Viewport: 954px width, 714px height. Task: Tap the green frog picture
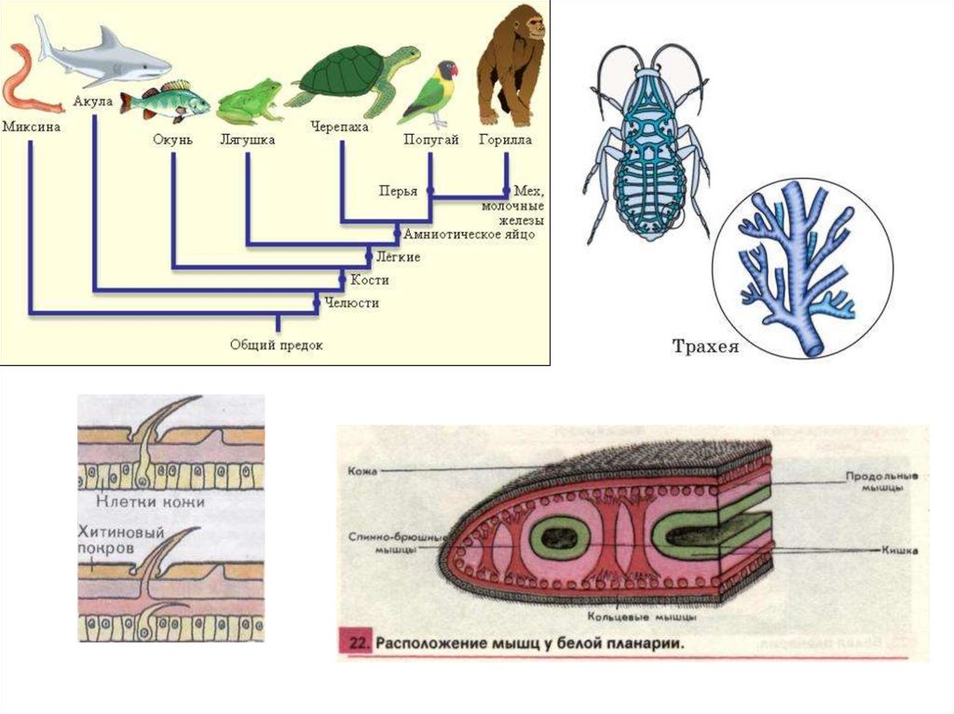(x=249, y=101)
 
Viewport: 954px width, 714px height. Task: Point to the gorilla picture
(x=510, y=66)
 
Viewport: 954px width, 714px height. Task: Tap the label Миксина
(x=32, y=126)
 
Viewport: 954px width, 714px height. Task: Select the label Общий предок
(x=277, y=345)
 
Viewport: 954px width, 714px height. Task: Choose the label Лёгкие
(x=398, y=256)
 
